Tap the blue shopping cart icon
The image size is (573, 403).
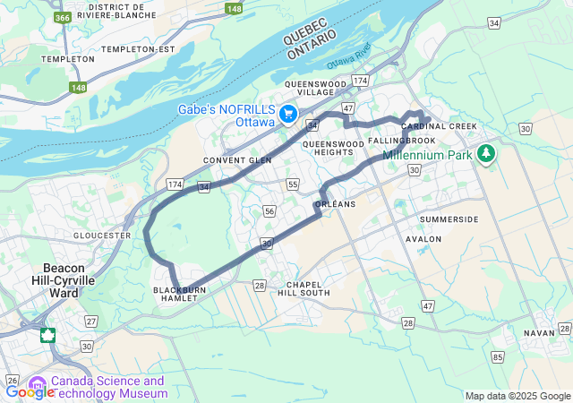tap(288, 115)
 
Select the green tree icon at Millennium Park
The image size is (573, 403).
tap(486, 153)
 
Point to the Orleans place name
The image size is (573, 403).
tap(336, 204)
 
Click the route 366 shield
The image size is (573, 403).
tap(63, 17)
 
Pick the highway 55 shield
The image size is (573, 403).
tap(293, 184)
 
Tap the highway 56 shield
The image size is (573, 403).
tap(269, 210)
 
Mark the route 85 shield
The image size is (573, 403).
tap(497, 358)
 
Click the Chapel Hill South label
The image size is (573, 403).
tap(303, 288)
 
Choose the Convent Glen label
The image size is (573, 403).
tap(236, 160)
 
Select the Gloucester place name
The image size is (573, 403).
tap(101, 236)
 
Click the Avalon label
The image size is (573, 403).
tap(423, 239)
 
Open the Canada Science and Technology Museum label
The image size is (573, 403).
tap(107, 387)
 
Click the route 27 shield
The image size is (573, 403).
tap(91, 321)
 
